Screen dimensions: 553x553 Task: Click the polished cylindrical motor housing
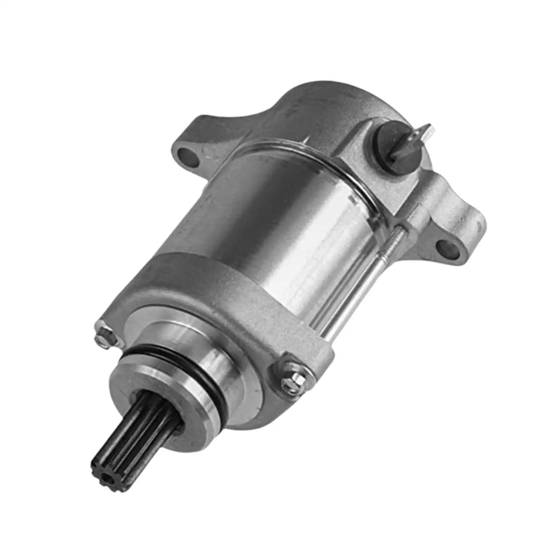pos(283,221)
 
